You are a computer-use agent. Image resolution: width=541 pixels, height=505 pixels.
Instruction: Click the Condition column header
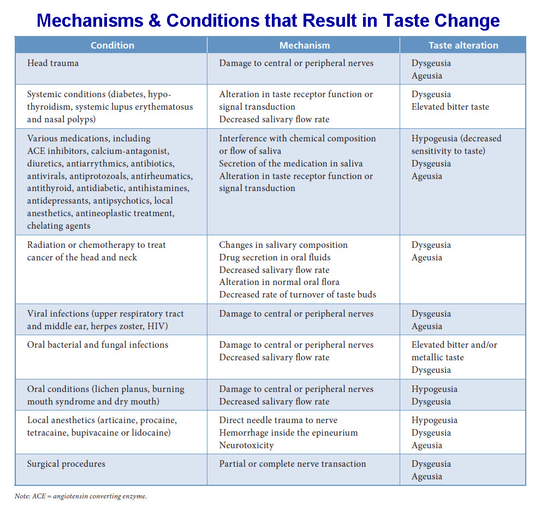coord(112,45)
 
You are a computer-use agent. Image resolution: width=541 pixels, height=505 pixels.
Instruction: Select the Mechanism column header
coord(304,45)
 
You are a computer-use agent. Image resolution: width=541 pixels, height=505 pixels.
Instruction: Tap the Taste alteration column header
coord(463,45)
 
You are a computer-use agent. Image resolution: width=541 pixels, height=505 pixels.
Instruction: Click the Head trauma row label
coord(53,63)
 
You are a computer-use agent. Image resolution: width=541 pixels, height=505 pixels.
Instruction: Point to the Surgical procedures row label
coord(66,464)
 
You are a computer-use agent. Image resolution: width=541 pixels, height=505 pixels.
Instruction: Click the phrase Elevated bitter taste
coord(450,107)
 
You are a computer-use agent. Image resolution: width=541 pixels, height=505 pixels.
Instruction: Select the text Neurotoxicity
coord(246,445)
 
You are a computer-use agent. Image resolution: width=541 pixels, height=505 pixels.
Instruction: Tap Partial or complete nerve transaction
coord(292,464)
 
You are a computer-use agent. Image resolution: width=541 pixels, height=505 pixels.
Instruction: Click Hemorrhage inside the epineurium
coord(288,433)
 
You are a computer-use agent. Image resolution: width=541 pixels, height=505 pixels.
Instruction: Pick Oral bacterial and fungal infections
coord(98,345)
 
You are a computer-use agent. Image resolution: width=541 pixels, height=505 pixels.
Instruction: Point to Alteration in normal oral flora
coord(279,282)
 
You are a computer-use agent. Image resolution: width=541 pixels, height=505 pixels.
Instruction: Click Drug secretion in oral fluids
coord(275,257)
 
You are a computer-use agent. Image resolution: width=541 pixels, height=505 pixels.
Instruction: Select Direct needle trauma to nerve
coord(278,420)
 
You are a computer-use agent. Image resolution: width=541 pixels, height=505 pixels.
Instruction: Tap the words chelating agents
coord(59,226)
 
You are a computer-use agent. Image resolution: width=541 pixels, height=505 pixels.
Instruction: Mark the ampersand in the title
coord(153,21)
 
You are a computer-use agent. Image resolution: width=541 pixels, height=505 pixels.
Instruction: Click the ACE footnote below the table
coord(81,496)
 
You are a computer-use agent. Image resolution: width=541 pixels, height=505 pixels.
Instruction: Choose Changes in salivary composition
coord(283,245)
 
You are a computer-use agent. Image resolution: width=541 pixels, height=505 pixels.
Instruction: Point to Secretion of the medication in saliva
coord(290,163)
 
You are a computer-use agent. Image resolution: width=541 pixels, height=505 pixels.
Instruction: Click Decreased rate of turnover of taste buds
coord(298,295)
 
